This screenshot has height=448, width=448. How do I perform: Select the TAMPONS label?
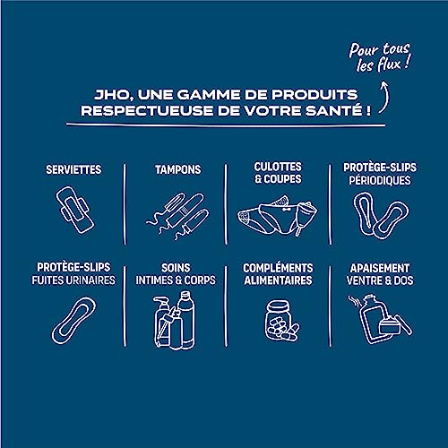click(177, 168)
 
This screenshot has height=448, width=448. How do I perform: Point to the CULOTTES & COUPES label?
click(278, 173)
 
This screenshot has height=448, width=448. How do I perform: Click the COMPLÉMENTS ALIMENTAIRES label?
click(278, 273)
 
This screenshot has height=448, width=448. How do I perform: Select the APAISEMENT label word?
click(377, 267)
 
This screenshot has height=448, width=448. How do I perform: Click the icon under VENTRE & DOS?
click(377, 320)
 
